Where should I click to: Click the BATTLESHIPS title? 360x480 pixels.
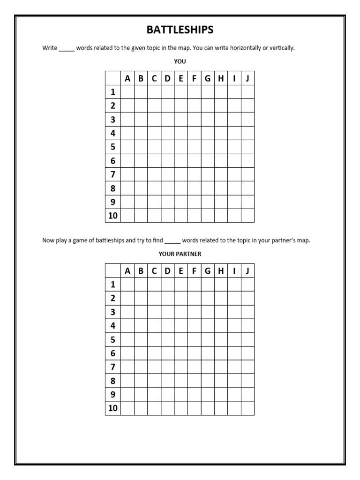[x=180, y=30]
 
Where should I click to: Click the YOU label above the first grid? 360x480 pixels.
[x=180, y=61]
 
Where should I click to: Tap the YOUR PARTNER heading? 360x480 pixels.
[x=180, y=254]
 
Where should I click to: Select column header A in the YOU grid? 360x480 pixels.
[x=127, y=79]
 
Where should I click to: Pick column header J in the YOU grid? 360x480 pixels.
[x=247, y=79]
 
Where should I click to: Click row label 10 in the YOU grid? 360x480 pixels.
[x=113, y=216]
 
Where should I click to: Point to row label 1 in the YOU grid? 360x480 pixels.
[x=113, y=92]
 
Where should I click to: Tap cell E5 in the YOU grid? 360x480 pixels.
[x=181, y=147]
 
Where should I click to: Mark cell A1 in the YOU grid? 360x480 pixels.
[x=127, y=92]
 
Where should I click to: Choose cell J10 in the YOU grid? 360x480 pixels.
[x=247, y=216]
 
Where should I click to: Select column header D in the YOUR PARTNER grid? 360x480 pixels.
[x=167, y=270]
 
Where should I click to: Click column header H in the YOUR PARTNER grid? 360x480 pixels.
[x=221, y=270]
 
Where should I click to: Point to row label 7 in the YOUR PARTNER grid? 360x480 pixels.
[x=113, y=367]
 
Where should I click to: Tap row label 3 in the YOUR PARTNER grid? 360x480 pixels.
[x=113, y=312]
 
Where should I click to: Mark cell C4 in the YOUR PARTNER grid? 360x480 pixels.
[x=154, y=326]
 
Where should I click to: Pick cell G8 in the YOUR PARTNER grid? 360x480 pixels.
[x=208, y=381]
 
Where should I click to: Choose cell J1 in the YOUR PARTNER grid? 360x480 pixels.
[x=247, y=285]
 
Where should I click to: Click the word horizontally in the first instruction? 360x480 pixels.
[x=235, y=48]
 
